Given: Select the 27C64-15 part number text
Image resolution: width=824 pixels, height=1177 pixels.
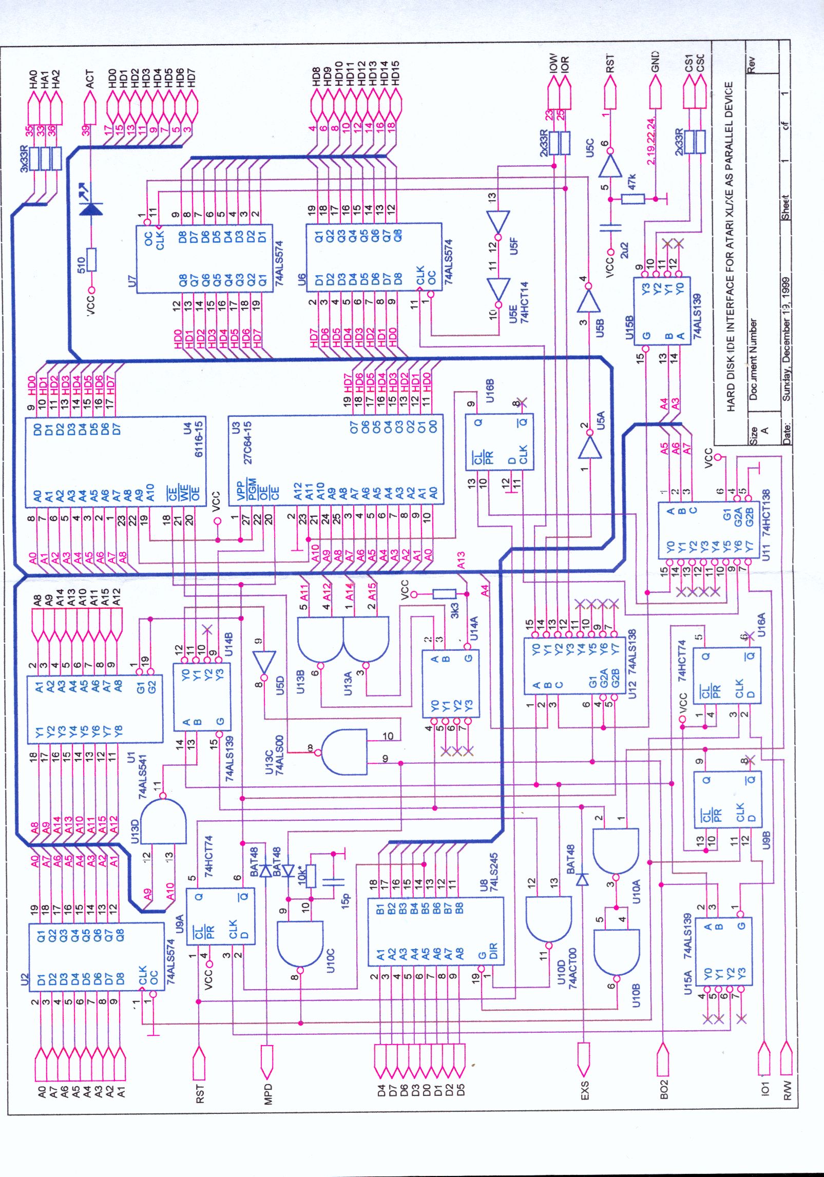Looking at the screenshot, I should [248, 442].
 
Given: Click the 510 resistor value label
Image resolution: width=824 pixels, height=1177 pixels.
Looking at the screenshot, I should [81, 265].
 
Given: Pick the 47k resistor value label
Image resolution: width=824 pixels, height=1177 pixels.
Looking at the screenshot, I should [632, 182].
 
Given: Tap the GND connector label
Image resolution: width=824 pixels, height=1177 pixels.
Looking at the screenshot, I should [655, 62].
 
